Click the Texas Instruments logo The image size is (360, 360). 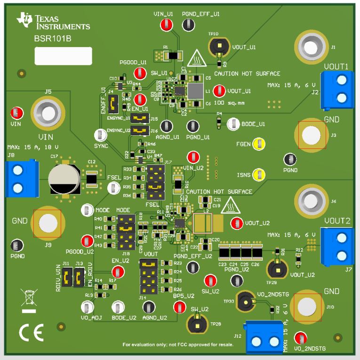point(53,21)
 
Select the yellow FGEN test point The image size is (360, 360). point(258,144)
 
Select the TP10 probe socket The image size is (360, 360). point(218,47)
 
